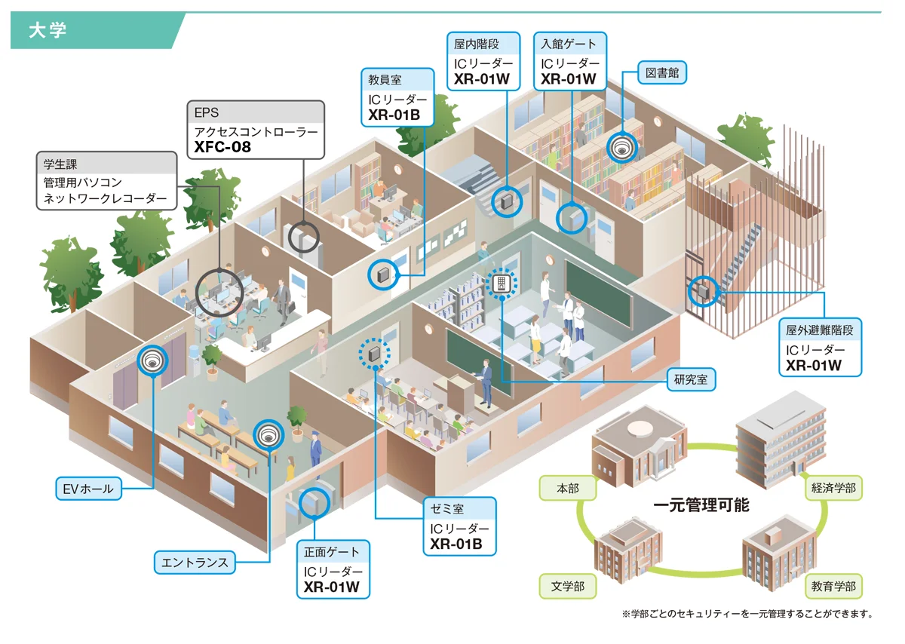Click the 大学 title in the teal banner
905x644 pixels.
click(x=48, y=31)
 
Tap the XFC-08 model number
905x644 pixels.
click(x=222, y=147)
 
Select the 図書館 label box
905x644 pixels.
click(x=662, y=72)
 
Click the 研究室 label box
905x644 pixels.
click(x=691, y=379)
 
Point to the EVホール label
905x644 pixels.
click(x=88, y=489)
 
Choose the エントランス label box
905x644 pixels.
click(x=195, y=563)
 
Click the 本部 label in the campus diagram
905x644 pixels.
click(x=568, y=489)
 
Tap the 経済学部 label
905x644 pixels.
click(x=833, y=488)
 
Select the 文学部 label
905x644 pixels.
click(x=568, y=586)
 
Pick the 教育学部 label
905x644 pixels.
click(x=833, y=586)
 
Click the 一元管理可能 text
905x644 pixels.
click(x=701, y=505)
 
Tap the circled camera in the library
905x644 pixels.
click(x=621, y=148)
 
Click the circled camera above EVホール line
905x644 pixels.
click(x=152, y=360)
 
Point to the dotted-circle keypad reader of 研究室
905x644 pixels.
click(x=502, y=283)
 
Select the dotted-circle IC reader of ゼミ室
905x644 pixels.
click(x=375, y=354)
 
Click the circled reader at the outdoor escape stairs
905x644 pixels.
click(x=704, y=291)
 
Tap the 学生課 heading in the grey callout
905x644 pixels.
click(x=60, y=164)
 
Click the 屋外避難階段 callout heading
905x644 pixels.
click(x=820, y=330)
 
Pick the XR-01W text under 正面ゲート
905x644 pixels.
click(x=331, y=587)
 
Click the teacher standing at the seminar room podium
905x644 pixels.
click(x=486, y=382)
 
